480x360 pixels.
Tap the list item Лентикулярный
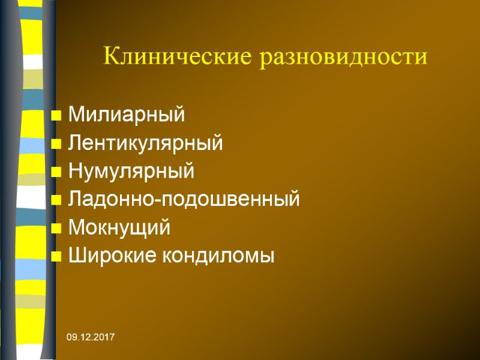point(146,143)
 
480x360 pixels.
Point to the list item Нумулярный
point(131,172)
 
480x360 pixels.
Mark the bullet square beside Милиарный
point(56,115)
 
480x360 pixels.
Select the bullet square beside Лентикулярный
point(56,143)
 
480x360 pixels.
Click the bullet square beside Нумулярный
point(56,172)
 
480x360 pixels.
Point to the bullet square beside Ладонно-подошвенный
point(56,200)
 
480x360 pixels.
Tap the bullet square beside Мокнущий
point(56,229)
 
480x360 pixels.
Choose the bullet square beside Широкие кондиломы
point(56,257)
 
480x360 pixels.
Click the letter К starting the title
point(112,57)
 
